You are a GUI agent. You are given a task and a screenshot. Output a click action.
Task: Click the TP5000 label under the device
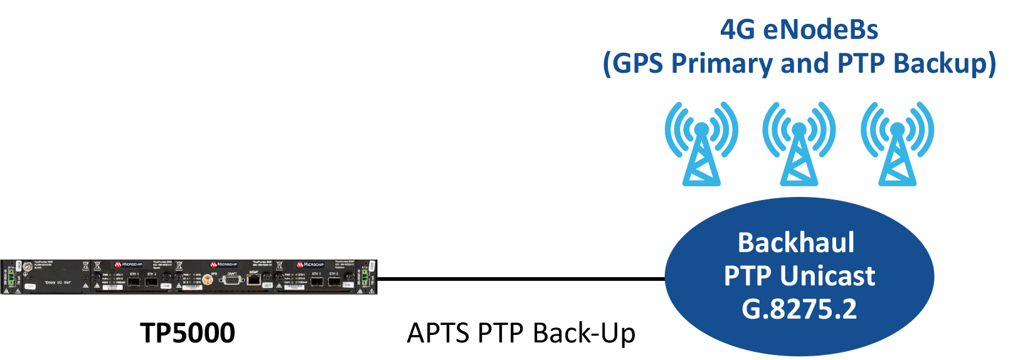coord(188,333)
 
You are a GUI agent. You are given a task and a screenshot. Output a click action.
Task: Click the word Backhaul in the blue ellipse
coord(796,243)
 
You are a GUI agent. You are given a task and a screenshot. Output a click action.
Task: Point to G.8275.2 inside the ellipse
coord(799,309)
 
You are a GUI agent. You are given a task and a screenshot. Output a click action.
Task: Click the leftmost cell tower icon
coord(701,144)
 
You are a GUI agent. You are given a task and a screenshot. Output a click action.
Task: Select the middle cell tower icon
coord(799,144)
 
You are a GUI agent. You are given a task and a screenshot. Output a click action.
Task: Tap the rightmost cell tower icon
coord(898,144)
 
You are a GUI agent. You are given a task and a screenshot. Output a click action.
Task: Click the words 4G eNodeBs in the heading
coord(799,29)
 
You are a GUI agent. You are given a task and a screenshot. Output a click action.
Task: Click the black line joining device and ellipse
coord(521,278)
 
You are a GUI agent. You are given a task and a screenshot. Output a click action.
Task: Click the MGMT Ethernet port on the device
coord(253,279)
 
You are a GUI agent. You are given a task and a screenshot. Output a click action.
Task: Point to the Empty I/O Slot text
coord(58,283)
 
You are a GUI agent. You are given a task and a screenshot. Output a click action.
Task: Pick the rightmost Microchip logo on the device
coord(310,265)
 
